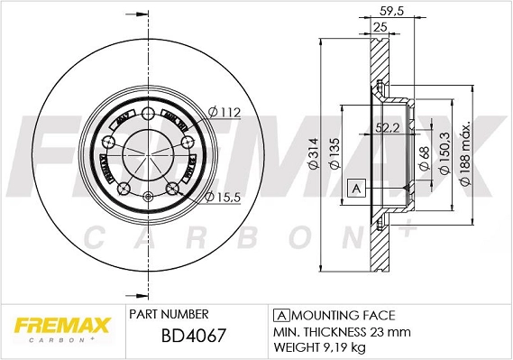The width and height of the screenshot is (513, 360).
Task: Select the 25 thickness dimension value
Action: coord(380,28)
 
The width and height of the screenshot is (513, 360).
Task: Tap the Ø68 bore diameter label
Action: coord(424,160)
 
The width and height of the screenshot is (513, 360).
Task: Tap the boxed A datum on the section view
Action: coord(356,188)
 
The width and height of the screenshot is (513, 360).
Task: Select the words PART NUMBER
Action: coord(169,314)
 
